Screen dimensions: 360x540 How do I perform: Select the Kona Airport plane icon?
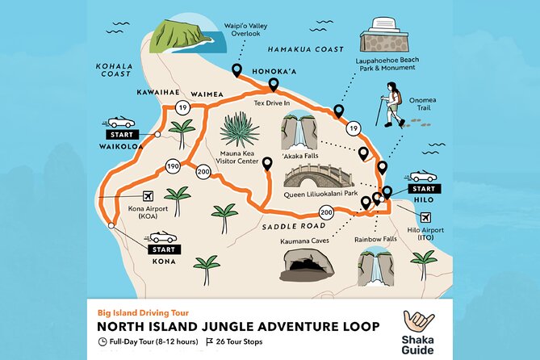click(x=147, y=195)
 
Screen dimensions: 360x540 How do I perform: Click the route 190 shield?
click(x=172, y=166)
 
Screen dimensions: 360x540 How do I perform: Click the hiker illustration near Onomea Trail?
click(x=391, y=103)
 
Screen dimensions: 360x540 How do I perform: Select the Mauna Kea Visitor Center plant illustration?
click(x=240, y=130)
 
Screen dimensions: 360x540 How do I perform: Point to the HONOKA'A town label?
click(x=275, y=69)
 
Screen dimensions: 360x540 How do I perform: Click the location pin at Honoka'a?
click(x=273, y=84)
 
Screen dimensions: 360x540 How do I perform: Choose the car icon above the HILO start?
click(x=423, y=176)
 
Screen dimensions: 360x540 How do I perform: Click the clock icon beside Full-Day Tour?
click(x=103, y=341)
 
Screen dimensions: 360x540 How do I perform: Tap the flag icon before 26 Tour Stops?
click(x=209, y=341)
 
